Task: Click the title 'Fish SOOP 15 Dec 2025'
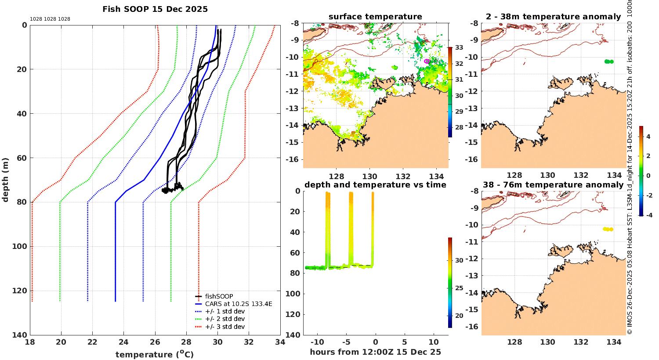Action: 155,9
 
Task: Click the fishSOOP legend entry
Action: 219,296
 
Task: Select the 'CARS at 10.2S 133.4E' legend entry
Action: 239,304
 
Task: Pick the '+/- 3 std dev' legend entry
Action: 224,327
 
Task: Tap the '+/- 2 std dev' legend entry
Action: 224,319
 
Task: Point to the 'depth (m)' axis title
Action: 5,180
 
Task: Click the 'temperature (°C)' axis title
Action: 154,354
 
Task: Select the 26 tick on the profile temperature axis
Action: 155,343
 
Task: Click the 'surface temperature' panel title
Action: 375,17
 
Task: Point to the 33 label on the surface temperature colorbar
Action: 459,47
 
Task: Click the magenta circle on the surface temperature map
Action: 427,61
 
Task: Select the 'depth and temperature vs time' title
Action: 375,185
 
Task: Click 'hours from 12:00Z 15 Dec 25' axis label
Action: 375,352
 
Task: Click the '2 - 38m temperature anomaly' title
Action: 553,17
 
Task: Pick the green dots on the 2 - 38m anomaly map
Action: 608,61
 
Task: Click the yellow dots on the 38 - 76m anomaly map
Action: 608,229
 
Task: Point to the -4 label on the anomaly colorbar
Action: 648,215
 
